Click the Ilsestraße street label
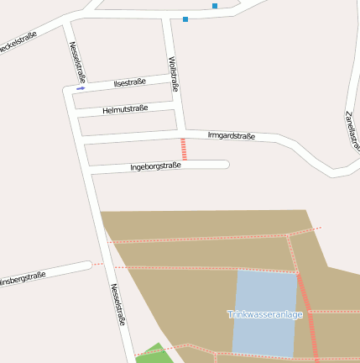tap(130, 82)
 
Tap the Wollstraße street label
tap(174, 73)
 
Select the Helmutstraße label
tap(125, 109)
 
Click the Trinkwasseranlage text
tap(264, 314)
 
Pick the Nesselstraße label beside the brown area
tap(118, 304)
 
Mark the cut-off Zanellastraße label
tap(352, 130)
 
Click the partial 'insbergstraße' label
tap(23, 278)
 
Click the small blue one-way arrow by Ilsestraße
tap(81, 87)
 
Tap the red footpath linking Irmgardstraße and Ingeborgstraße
tap(184, 150)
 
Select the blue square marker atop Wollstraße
tap(185, 18)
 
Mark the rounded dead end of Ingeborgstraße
tap(224, 164)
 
